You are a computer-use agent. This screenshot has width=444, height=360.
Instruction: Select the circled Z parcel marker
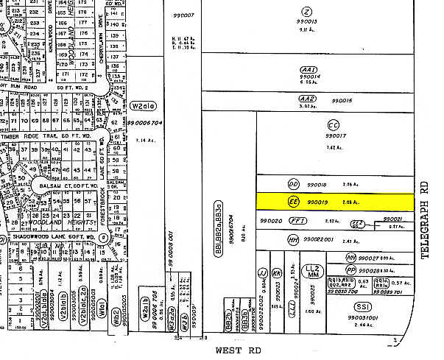(307, 10)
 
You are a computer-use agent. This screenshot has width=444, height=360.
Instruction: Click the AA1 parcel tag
(308, 68)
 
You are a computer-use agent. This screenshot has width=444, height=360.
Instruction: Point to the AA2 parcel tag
(307, 98)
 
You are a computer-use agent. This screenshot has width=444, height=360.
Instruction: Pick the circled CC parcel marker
(333, 125)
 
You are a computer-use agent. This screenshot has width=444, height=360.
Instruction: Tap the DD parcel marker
(294, 184)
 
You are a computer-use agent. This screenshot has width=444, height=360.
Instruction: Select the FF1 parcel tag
(297, 220)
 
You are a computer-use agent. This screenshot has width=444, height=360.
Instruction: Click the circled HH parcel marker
(293, 239)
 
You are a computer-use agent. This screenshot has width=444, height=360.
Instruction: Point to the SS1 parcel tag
(362, 307)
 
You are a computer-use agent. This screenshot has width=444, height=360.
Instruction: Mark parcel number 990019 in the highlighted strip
(317, 200)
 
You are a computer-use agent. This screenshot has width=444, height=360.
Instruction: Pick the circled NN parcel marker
(352, 258)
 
